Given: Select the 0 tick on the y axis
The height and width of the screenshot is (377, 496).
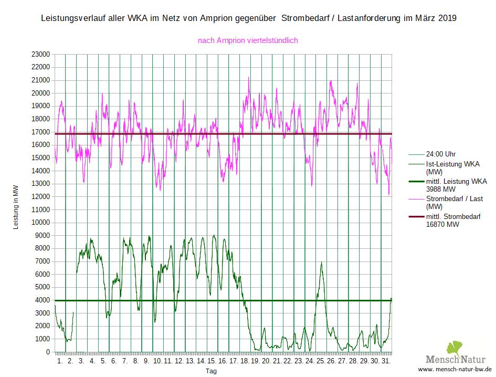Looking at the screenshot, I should pos(48,352).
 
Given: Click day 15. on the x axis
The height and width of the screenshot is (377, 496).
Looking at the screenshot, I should pos(212,361).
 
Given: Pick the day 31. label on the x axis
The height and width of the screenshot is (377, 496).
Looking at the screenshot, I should pos(386,361).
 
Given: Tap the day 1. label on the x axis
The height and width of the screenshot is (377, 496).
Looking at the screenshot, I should pos(59,361).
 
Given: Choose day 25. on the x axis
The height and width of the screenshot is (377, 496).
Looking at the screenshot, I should pos(320,361).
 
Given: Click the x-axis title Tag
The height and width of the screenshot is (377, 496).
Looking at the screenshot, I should pos(211,371).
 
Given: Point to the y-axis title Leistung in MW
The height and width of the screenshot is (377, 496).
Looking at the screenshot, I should pos(16,203).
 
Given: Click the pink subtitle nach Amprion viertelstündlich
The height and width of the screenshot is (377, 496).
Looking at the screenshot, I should pos(248,40).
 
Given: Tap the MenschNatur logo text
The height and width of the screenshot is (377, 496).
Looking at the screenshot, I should pos(456,360).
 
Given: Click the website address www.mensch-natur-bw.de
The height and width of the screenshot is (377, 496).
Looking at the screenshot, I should pos(456,369).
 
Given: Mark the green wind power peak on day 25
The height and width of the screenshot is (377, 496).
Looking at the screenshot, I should pos(321,262).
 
